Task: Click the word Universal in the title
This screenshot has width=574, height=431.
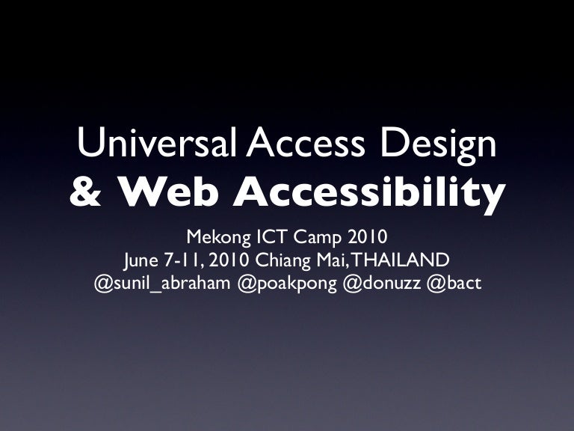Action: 158,143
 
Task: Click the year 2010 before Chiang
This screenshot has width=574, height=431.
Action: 231,261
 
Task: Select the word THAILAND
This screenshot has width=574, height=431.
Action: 401,261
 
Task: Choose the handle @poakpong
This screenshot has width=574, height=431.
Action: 286,284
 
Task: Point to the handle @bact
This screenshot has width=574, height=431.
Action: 454,284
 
